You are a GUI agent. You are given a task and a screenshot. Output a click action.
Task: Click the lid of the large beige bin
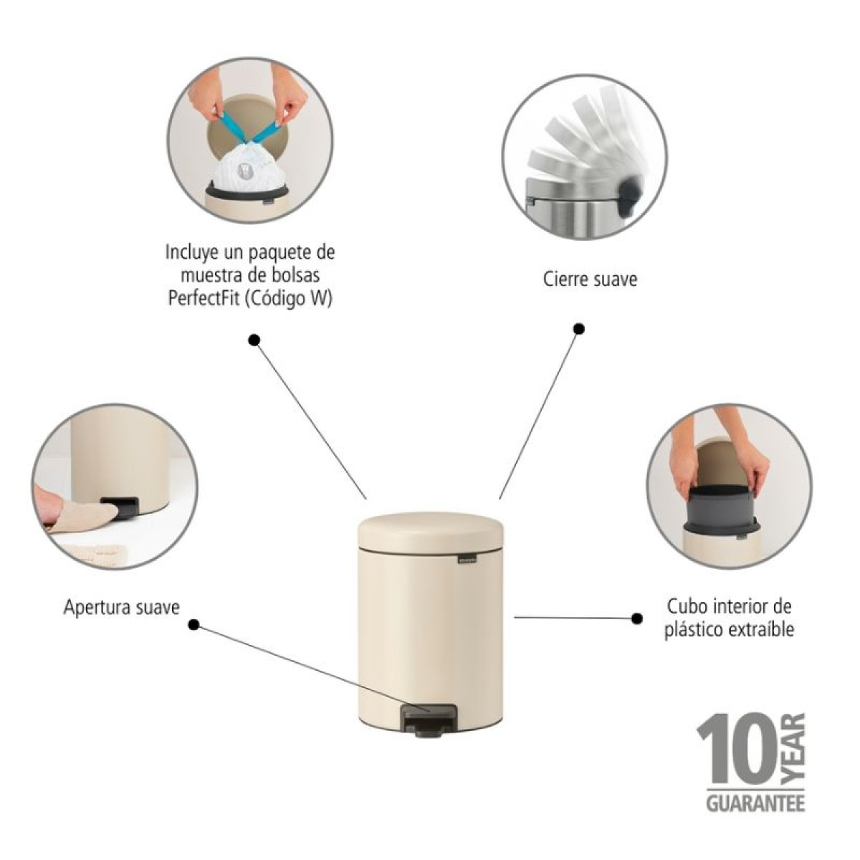point(431,532)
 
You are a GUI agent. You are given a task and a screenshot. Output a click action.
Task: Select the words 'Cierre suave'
point(590,279)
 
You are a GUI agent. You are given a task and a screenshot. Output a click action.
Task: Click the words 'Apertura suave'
point(121,608)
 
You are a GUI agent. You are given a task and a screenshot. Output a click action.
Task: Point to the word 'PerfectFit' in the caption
point(204,299)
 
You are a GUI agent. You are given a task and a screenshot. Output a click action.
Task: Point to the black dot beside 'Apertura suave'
point(193,625)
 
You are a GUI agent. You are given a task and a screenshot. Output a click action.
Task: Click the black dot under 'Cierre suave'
point(579,329)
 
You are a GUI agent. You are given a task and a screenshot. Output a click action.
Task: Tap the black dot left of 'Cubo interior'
point(637,618)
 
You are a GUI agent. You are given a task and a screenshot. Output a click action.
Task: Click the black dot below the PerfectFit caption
point(254,340)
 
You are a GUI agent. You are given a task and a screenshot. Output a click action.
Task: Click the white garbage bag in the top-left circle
point(247,166)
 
